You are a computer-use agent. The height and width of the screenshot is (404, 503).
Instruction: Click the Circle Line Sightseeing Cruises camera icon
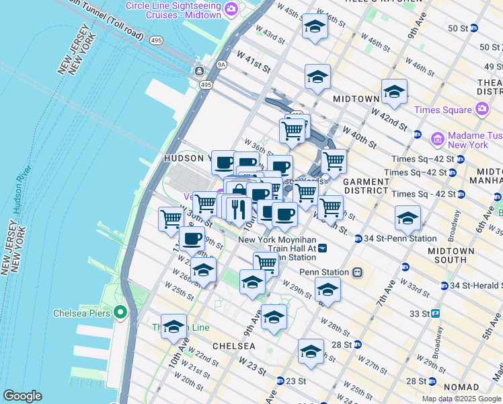231,9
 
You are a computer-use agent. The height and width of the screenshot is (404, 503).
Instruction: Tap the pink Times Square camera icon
481,109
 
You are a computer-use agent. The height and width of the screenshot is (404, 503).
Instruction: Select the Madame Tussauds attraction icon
437,139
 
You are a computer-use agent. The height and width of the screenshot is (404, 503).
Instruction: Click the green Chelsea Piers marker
120,312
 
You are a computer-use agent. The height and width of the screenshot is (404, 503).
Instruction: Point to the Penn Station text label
324,273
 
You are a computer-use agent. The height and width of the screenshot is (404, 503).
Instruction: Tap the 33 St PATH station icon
435,314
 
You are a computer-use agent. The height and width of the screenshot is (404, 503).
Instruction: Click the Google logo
22,395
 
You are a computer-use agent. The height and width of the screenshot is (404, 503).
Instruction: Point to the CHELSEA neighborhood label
234,345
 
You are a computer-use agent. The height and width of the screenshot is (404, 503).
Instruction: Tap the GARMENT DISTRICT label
366,187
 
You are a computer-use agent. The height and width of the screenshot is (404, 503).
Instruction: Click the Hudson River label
17,191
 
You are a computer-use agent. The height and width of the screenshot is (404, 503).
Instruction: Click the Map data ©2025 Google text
461,399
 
